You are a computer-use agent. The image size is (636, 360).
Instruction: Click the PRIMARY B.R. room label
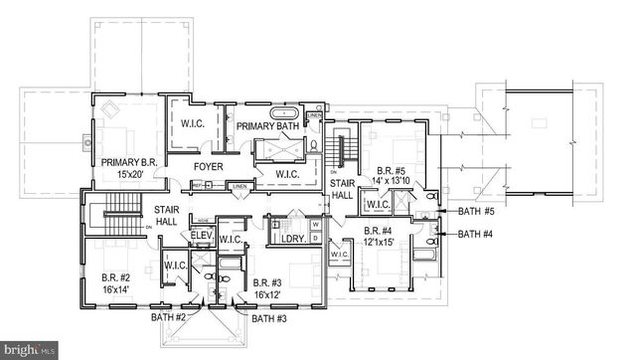click(126, 162)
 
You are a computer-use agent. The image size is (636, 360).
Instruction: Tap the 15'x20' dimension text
click(126, 175)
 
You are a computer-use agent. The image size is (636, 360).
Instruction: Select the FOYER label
click(208, 166)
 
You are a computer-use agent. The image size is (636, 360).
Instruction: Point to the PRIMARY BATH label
click(267, 125)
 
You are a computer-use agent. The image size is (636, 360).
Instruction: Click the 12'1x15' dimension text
click(378, 242)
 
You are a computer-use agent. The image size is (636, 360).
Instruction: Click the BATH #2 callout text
click(169, 318)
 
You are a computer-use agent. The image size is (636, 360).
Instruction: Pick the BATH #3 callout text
click(270, 319)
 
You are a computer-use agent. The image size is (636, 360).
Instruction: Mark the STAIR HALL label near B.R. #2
click(166, 216)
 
